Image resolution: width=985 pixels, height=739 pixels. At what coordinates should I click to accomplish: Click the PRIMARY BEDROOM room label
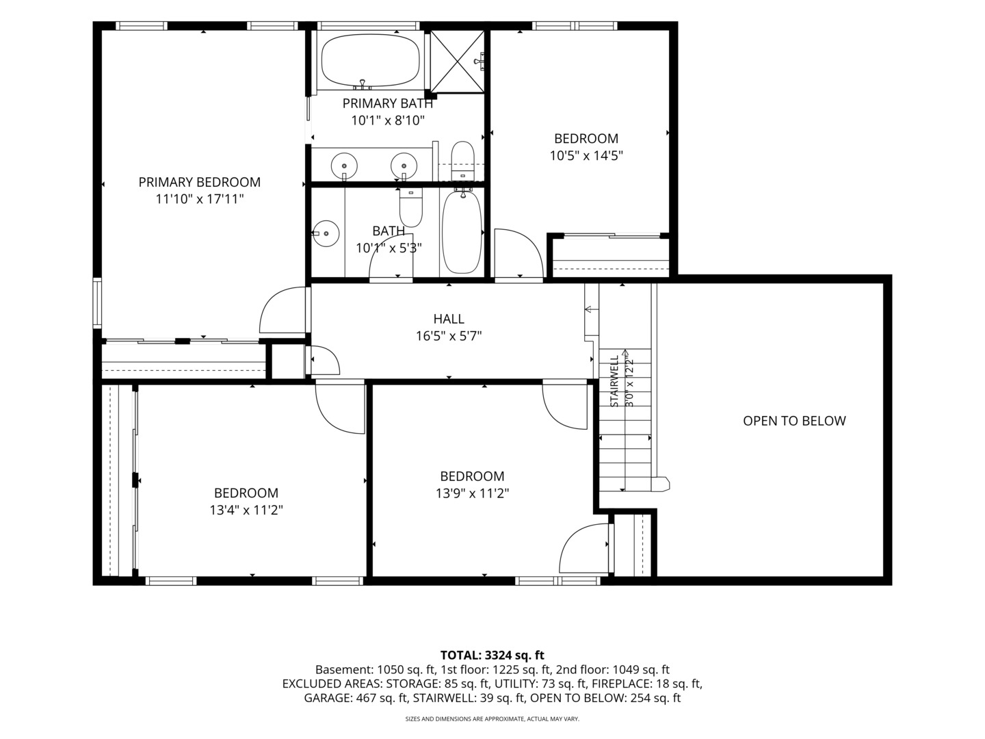[199, 182]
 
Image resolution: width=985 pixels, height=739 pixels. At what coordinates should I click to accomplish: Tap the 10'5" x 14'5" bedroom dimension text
[586, 156]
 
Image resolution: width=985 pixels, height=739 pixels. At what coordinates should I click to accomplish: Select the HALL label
[449, 319]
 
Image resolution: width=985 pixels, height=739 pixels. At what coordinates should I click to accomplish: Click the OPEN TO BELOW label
[794, 421]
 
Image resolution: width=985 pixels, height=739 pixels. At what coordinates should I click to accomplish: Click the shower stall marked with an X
[458, 62]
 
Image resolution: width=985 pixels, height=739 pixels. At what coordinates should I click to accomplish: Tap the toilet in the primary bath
[462, 160]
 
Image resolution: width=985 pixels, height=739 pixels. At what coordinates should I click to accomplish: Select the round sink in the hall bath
[326, 234]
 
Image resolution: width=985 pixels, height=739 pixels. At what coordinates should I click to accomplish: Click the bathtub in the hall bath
[462, 232]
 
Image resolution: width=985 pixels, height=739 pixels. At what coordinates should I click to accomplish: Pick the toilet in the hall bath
[410, 207]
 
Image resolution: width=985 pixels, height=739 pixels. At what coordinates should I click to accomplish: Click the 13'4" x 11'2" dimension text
[246, 510]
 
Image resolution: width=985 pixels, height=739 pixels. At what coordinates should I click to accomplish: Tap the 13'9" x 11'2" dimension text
[472, 493]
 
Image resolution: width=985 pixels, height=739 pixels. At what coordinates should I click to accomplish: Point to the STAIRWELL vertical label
[614, 381]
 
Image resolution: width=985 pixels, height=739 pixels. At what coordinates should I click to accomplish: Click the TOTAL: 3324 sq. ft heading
[492, 655]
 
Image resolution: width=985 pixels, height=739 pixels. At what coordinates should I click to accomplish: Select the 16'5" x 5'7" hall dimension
[449, 336]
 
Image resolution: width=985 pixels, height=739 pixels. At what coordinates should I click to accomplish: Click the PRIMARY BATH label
[388, 103]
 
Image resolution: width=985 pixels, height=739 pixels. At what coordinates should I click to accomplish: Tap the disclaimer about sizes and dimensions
[492, 718]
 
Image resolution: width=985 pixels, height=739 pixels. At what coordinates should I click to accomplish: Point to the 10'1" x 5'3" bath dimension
[389, 248]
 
